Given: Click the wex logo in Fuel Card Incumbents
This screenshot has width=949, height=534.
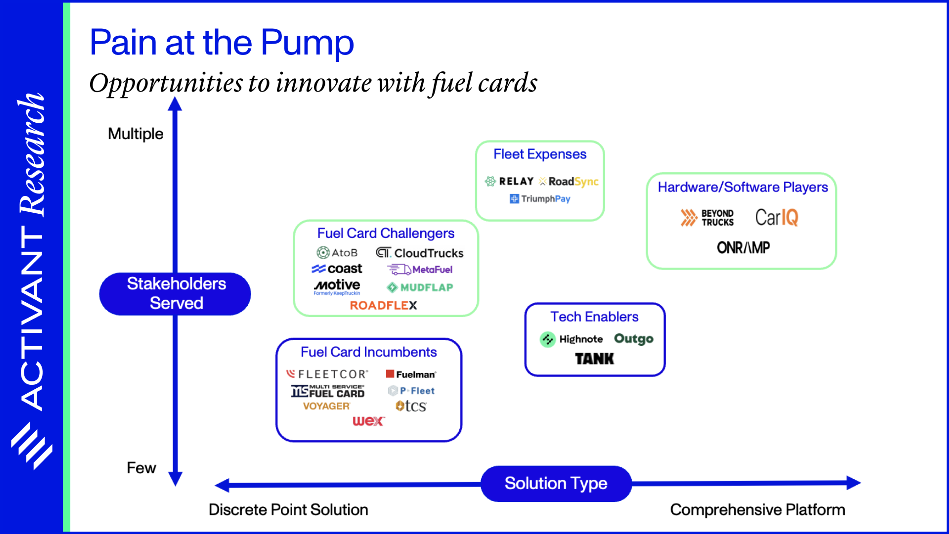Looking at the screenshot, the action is click(x=368, y=421).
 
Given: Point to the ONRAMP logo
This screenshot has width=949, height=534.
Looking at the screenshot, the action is click(x=743, y=247).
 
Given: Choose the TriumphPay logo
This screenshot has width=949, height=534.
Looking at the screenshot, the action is click(x=540, y=199).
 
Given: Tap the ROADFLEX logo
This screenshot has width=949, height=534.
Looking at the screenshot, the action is click(x=383, y=305).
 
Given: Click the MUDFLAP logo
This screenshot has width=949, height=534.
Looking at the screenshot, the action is click(x=420, y=288).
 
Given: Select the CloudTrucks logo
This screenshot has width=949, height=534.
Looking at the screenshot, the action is click(x=420, y=253).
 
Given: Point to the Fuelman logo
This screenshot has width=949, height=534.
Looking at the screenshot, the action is click(x=411, y=375).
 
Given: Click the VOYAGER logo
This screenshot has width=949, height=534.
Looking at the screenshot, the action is click(x=326, y=406).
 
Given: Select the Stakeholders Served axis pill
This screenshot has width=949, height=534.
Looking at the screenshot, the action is click(x=175, y=294).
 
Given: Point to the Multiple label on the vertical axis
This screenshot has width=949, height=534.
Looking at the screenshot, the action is click(x=136, y=134).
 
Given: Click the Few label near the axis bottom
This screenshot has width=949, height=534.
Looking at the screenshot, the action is click(x=141, y=468).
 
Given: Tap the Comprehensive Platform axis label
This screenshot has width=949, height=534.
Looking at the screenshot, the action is click(x=757, y=510).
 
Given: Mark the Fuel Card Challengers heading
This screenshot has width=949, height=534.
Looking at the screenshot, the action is click(x=386, y=233).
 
